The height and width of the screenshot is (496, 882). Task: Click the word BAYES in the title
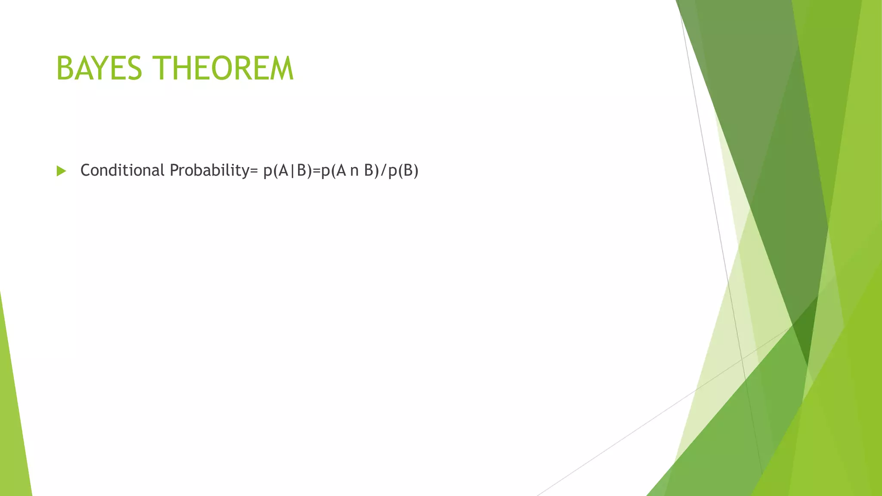[x=99, y=68]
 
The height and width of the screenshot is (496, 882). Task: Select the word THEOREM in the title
[x=224, y=68]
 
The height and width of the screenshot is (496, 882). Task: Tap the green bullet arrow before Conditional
[x=61, y=171]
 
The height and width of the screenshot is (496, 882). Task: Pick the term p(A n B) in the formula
[x=349, y=171]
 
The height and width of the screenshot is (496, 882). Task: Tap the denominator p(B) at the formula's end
[x=403, y=171]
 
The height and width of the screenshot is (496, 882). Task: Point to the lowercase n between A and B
[x=354, y=171]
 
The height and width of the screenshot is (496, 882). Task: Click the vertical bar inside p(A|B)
[x=292, y=171]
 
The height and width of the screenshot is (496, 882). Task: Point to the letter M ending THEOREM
[x=280, y=68]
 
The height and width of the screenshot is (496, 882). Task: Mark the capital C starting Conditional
[x=86, y=170]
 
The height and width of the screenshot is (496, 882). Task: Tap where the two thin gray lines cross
[x=742, y=358]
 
